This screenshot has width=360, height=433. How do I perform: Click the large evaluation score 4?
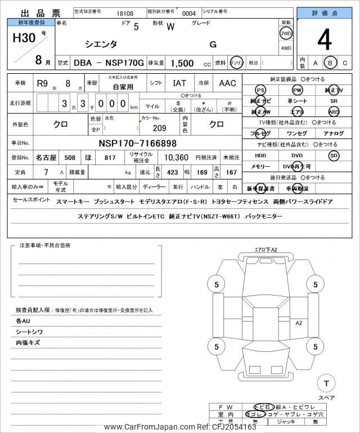coord(324,40)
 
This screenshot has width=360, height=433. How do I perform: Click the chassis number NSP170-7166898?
coord(137,143)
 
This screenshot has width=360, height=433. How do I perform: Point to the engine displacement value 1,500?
coord(183,64)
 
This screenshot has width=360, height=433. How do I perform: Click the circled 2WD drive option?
coord(286,33)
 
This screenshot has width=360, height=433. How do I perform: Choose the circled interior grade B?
coord(331,63)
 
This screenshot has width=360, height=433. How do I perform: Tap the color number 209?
coord(159,127)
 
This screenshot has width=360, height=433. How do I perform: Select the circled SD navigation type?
coord(334,155)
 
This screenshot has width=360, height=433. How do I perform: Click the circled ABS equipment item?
coord(334,111)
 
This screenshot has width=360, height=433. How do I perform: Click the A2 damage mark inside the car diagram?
coord(299,323)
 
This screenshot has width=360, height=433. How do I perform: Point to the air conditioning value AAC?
coord(227,83)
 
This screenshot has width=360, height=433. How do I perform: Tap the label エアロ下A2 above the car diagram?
coord(266,249)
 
